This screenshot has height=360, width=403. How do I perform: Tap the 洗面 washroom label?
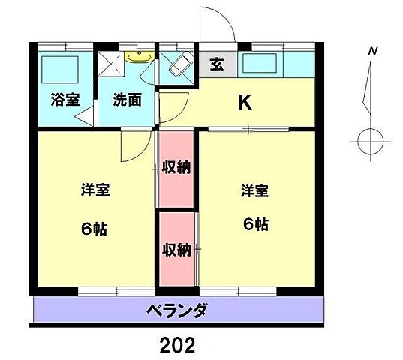pos(127,99)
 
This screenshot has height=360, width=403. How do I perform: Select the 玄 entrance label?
pos(216,64)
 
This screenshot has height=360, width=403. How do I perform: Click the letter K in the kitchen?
pos(245,103)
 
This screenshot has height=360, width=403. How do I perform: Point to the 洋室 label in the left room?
pos(95,190)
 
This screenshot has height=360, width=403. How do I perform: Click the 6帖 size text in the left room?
pos(95,229)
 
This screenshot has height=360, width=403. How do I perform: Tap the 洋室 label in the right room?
pos(255,190)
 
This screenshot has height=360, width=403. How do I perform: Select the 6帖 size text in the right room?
pos(255,223)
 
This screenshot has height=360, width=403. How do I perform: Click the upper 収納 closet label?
pos(176,166)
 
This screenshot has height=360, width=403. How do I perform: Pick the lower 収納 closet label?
pos(176,250)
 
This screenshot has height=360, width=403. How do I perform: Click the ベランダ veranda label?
pos(176,310)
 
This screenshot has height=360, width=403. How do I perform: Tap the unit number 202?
pos(178,344)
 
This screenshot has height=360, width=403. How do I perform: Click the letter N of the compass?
pos(371,52)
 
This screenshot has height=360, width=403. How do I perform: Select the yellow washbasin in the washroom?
pos(139,55)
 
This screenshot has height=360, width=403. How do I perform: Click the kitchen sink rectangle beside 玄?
pos(266,64)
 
